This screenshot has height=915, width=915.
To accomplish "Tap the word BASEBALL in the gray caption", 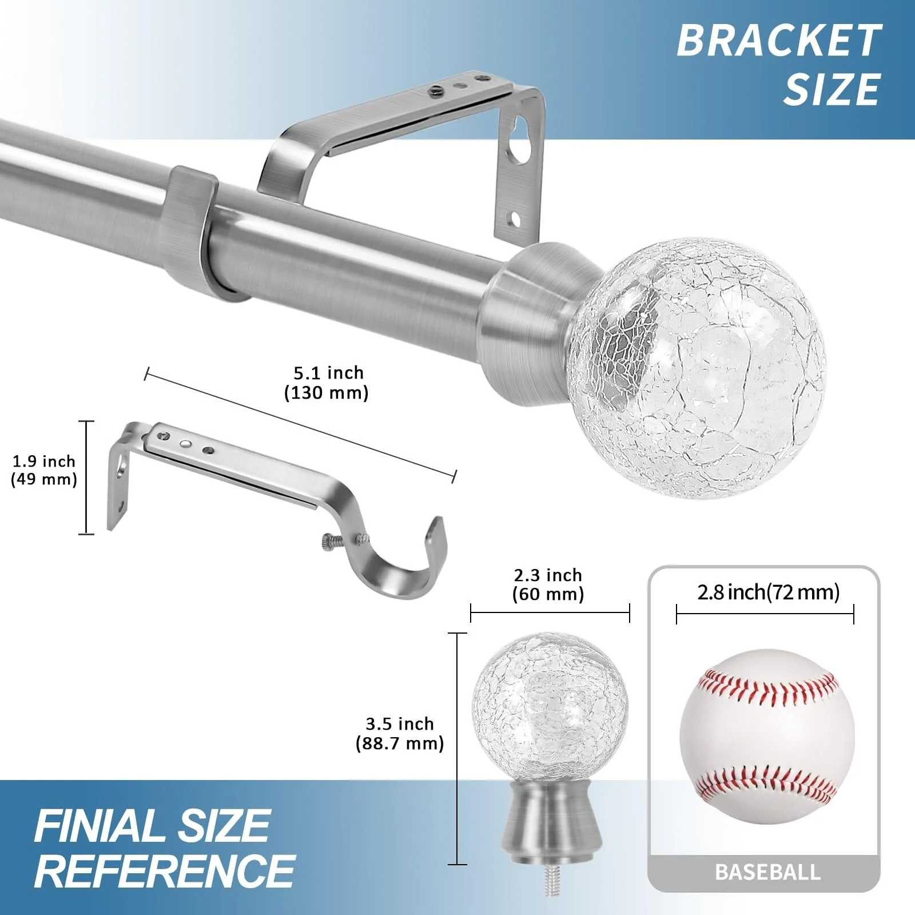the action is click(x=767, y=872).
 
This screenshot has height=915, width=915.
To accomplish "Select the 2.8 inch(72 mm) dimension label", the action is click(x=768, y=592).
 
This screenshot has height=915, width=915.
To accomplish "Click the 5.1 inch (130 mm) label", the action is click(x=328, y=383).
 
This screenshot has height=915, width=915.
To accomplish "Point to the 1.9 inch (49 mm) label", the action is click(x=44, y=470).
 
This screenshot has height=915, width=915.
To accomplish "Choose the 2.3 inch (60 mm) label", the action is click(x=548, y=584).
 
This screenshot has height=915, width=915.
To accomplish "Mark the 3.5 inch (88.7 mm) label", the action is click(x=400, y=733).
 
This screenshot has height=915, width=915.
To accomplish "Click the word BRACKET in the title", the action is click(x=779, y=40).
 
